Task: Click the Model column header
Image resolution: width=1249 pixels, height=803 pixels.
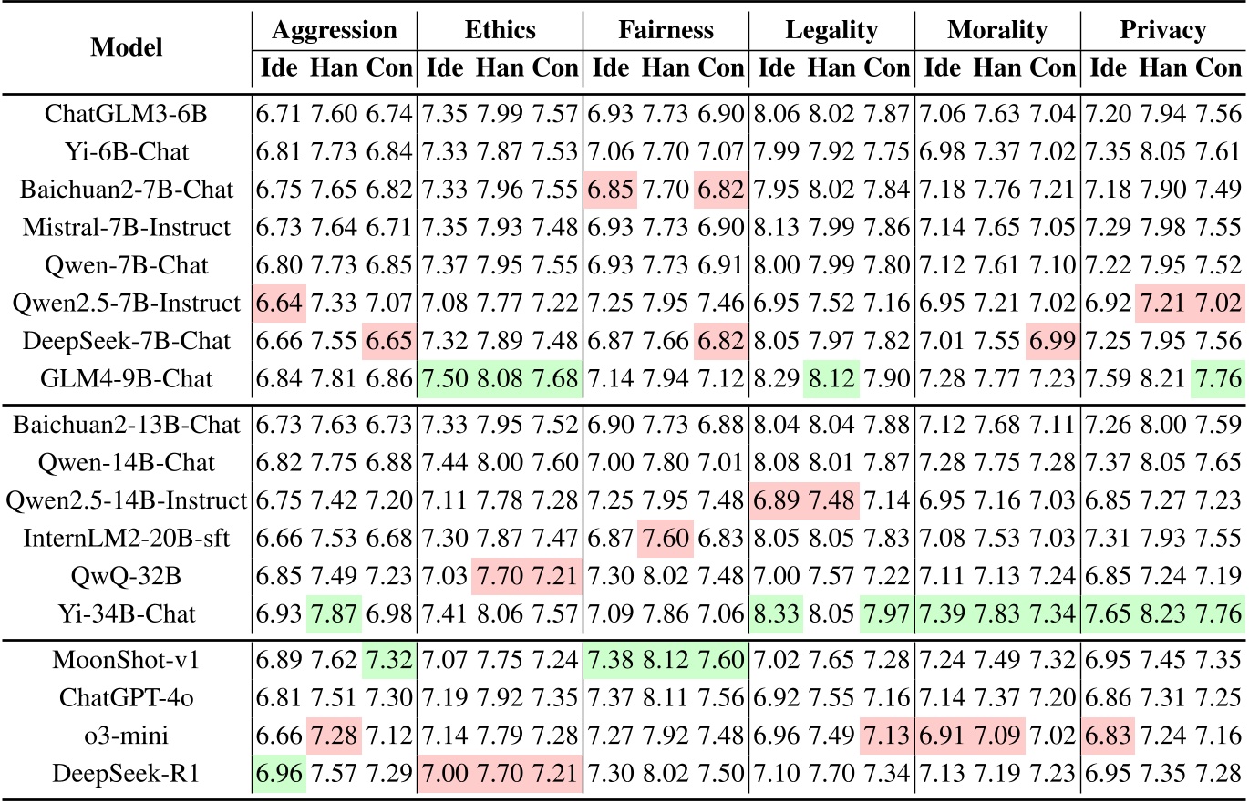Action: point(126,48)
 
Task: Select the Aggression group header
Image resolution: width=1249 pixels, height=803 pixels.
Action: point(335,30)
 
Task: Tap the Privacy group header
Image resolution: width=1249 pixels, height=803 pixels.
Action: point(1162,30)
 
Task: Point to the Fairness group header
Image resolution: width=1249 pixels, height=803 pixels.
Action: point(666,30)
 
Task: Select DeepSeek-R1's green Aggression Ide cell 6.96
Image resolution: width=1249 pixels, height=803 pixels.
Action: point(279,769)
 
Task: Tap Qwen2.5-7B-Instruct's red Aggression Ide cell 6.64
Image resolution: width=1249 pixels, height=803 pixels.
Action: point(279,302)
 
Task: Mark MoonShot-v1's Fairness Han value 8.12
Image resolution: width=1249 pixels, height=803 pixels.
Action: point(666,656)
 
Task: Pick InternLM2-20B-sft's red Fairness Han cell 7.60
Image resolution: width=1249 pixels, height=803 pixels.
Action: point(666,539)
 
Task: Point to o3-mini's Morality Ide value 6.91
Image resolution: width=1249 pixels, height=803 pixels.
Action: point(943,731)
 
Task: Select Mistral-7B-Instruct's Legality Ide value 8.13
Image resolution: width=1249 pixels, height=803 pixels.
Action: point(777,227)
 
